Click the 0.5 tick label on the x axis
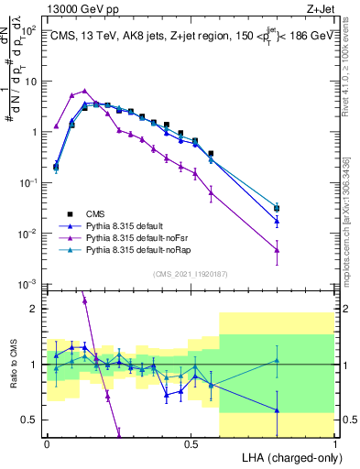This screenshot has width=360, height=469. tap(191, 442)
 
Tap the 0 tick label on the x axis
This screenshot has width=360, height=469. tap(47, 442)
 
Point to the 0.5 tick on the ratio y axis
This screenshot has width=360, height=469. tap(30, 420)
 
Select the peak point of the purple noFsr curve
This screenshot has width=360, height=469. tap(85, 91)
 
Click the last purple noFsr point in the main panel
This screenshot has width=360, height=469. tap(277, 249)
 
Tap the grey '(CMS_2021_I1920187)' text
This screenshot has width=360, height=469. tap(191, 273)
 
